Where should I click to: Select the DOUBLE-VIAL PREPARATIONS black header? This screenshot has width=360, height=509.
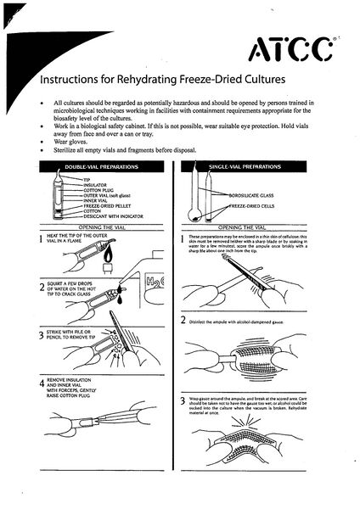(102, 167)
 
